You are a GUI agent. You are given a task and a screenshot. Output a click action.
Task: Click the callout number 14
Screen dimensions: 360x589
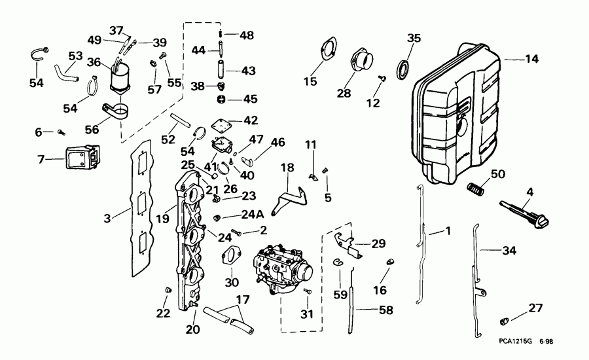(531, 59)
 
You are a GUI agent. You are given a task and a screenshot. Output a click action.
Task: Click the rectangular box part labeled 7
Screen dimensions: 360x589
(81, 156)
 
